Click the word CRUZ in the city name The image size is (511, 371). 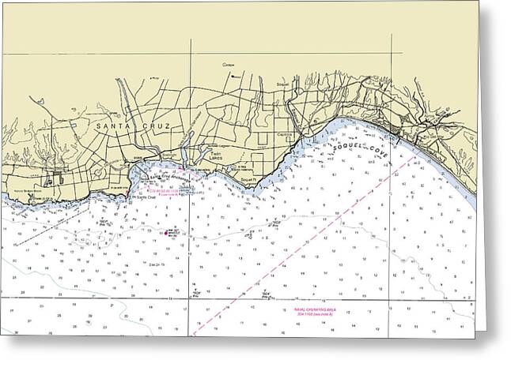coord(165,126)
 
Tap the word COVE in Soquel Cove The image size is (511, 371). coord(373,155)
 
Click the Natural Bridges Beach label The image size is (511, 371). coord(26,192)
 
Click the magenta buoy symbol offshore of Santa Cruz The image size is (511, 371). coord(170,233)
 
